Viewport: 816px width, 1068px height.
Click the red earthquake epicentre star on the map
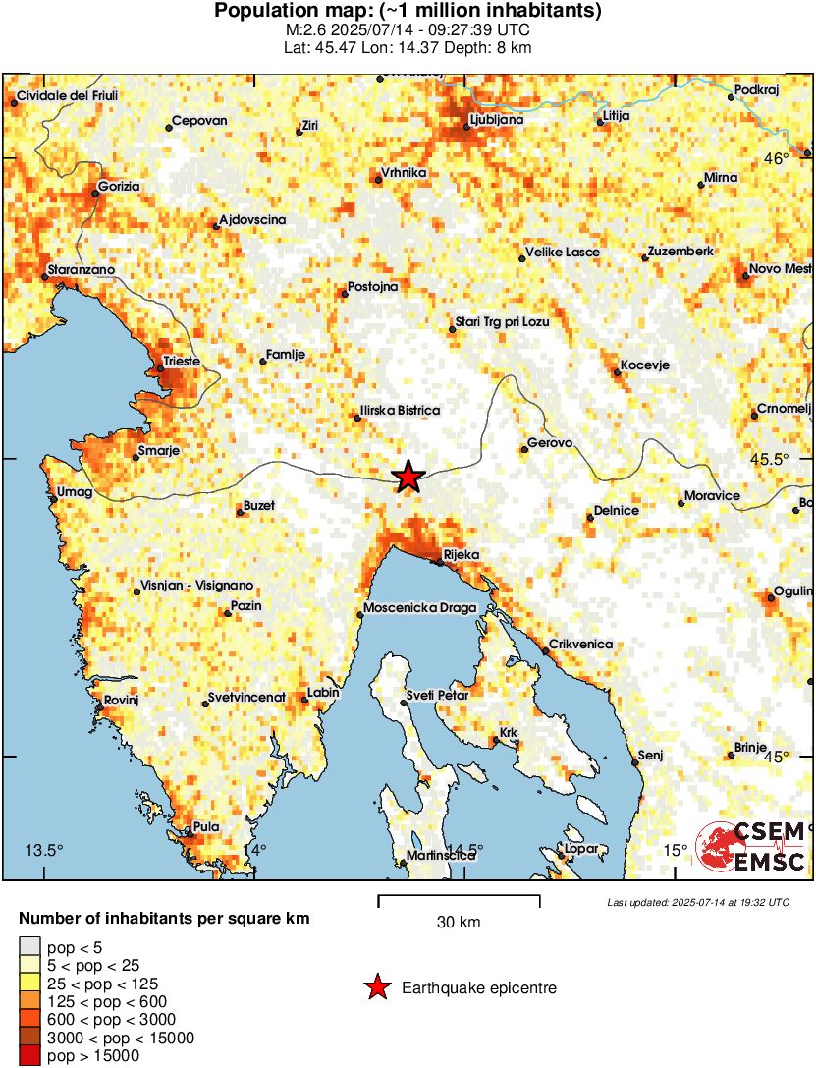point(408,477)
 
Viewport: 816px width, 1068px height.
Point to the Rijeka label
point(461,555)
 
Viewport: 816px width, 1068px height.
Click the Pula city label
point(206,827)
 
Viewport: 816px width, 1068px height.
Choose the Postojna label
point(372,289)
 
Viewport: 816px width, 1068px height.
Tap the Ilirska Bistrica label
point(401,411)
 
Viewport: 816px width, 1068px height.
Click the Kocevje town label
point(645,365)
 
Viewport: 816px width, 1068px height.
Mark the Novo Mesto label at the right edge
point(780,269)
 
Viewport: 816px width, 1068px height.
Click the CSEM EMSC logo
point(751,846)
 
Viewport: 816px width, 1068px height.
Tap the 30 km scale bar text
point(459,923)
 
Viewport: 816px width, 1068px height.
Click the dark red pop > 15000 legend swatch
point(30,1056)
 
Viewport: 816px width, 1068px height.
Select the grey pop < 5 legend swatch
point(30,948)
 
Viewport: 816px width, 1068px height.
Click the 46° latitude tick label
point(777,159)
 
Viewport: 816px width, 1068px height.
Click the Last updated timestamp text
point(697,902)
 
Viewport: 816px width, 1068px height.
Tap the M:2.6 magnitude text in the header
point(304,29)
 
